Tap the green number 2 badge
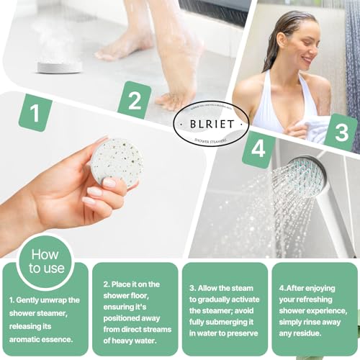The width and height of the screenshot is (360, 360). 134,101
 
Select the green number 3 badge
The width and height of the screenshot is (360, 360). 341,132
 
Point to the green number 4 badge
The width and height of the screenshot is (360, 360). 257,150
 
